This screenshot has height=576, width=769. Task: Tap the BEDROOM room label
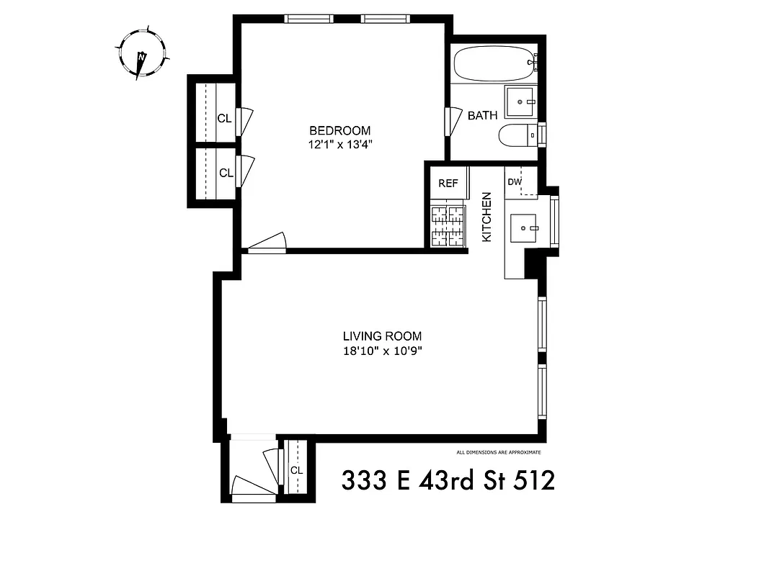pyautogui.click(x=339, y=131)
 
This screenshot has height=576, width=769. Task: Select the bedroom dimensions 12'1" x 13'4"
pyautogui.click(x=339, y=145)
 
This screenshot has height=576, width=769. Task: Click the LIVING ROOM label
pyautogui.click(x=382, y=336)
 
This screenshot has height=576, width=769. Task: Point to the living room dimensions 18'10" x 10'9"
pyautogui.click(x=382, y=351)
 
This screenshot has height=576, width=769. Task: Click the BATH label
pyautogui.click(x=482, y=116)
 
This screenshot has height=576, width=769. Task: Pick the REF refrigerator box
pyautogui.click(x=448, y=184)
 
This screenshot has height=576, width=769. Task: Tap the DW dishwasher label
pyautogui.click(x=515, y=182)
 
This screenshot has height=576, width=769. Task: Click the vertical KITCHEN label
pyautogui.click(x=486, y=217)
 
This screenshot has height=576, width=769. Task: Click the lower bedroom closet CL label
pyautogui.click(x=226, y=174)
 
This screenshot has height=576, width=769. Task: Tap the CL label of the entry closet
pyautogui.click(x=296, y=470)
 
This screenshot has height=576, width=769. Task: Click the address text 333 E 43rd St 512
pyautogui.click(x=448, y=480)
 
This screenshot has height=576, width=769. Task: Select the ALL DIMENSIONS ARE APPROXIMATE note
pyautogui.click(x=498, y=453)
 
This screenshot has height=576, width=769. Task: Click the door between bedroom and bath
pyautogui.click(x=453, y=120)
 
